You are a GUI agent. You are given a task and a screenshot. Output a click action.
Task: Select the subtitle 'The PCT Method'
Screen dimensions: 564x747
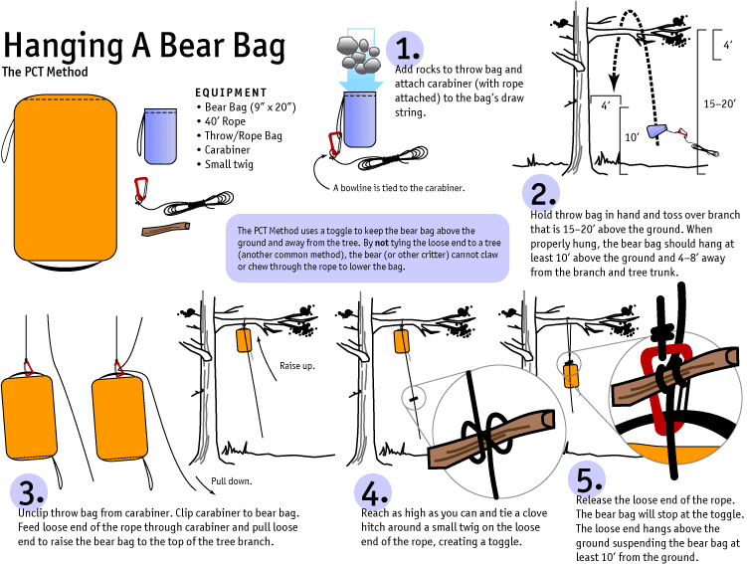[45, 73]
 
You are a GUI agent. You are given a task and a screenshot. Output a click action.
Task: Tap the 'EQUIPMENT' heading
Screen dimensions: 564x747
[231, 92]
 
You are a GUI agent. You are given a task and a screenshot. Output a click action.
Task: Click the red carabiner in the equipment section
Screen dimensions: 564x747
[142, 189]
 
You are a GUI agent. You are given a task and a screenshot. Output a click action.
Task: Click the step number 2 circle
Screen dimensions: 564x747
[544, 192]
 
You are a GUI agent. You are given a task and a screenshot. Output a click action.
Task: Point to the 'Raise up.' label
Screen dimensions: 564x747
[298, 366]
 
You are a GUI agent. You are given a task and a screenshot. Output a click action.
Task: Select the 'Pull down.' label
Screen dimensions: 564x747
[232, 479]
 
